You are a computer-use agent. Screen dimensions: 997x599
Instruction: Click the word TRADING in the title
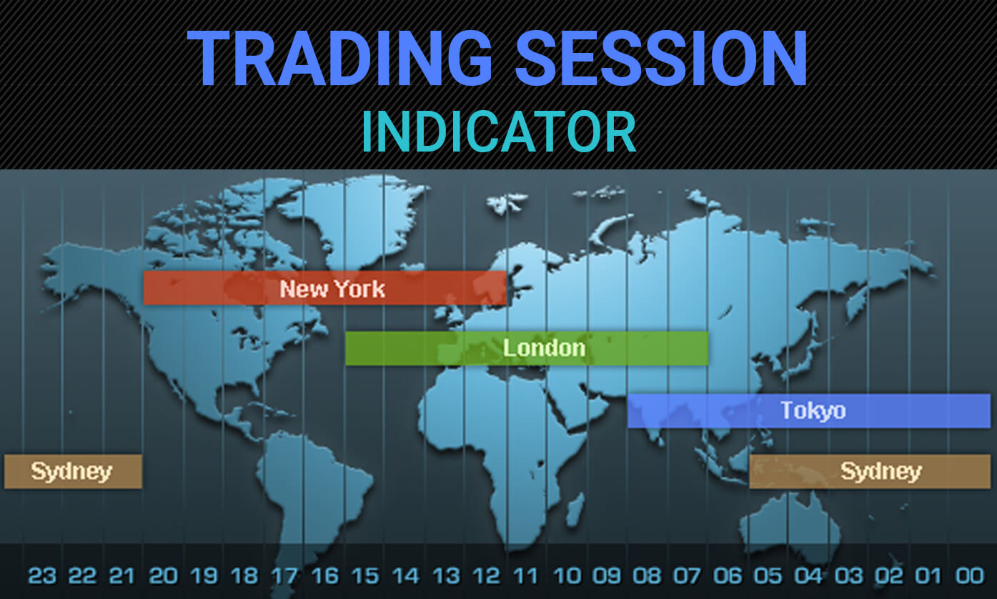point(339,58)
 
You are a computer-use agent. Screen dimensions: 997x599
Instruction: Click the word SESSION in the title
point(661,58)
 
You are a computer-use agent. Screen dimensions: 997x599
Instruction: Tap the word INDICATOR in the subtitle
point(499,132)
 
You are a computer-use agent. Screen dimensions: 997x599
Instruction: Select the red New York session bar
point(324,288)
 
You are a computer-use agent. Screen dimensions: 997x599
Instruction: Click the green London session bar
point(527,348)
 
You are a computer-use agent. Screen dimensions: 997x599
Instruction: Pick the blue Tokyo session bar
point(809,411)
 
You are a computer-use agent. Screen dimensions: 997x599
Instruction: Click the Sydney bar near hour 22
point(73,471)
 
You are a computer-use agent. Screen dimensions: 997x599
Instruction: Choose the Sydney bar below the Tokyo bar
point(870,471)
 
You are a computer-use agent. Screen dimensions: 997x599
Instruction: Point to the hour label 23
point(42,576)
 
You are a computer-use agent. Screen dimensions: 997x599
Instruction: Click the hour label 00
point(970,576)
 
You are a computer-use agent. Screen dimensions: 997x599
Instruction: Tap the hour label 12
point(486,576)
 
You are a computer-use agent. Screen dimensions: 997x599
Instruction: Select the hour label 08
point(648,576)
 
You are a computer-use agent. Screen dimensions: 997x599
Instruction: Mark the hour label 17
point(284,576)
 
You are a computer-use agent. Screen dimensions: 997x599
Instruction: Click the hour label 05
point(768,576)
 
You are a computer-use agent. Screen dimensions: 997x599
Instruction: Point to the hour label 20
point(164,576)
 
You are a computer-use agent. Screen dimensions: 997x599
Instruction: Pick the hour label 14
point(405,576)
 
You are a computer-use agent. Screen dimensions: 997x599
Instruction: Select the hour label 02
point(889,576)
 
